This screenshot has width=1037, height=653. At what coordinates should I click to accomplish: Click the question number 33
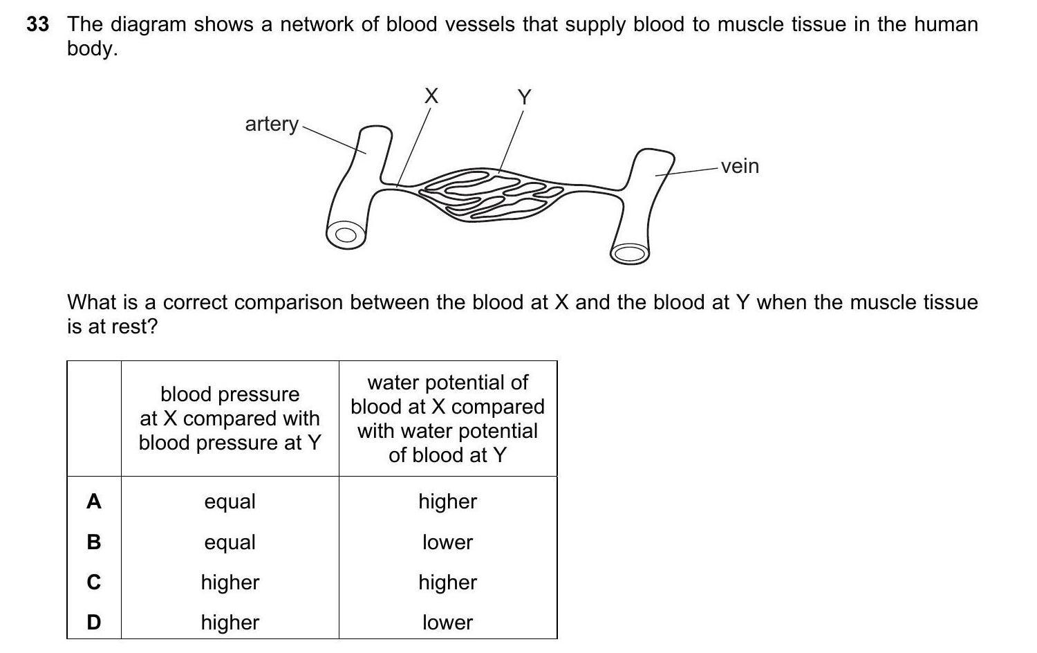(38, 25)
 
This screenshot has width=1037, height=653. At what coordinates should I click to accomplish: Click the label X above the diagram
(431, 95)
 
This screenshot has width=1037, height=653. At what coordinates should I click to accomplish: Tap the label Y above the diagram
(524, 97)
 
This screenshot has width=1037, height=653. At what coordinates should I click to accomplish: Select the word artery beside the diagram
(272, 124)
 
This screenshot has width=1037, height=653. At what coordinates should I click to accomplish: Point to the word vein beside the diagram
(740, 166)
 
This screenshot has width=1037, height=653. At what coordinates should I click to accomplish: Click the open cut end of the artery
(346, 235)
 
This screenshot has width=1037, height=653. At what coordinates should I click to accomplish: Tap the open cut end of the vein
(629, 253)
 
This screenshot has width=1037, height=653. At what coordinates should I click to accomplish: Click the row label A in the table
(94, 501)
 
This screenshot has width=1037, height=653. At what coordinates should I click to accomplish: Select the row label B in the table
(94, 542)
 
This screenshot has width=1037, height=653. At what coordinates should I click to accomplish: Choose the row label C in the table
(94, 582)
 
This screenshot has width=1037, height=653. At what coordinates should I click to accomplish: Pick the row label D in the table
(94, 623)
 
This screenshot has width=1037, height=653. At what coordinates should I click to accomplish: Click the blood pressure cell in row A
(230, 501)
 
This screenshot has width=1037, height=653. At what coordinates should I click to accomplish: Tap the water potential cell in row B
(447, 542)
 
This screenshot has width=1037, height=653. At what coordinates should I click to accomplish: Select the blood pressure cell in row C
(230, 582)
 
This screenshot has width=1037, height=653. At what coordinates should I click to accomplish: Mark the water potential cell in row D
(447, 623)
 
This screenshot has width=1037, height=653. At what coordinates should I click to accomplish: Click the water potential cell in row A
(447, 501)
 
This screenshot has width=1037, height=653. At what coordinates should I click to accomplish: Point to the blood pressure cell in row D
(230, 623)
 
